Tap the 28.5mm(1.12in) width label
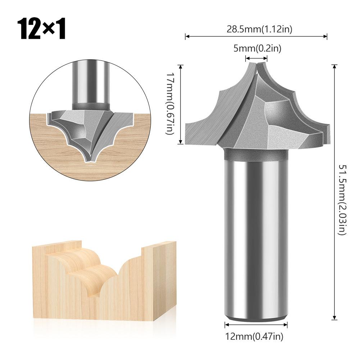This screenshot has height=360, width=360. pyautogui.click(x=259, y=29)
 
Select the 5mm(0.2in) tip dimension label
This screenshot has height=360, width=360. pyautogui.click(x=257, y=48)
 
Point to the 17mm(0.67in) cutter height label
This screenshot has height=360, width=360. pyautogui.click(x=170, y=104)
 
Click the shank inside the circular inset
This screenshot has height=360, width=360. pyautogui.click(x=90, y=83)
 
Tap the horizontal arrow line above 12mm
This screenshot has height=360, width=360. pyautogui.click(x=256, y=325)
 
